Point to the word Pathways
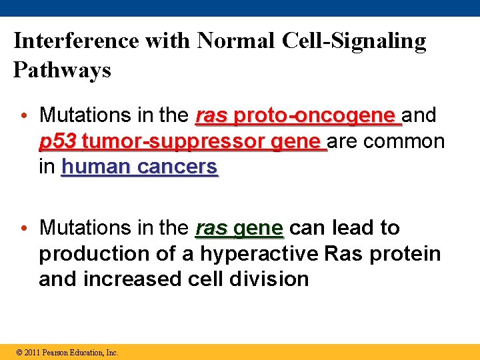point(62,70)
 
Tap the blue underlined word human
point(96,167)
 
